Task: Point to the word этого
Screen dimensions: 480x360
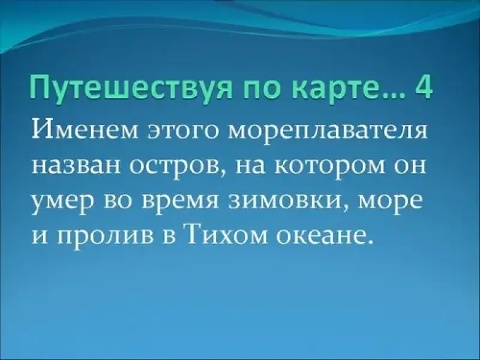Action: point(185,132)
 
